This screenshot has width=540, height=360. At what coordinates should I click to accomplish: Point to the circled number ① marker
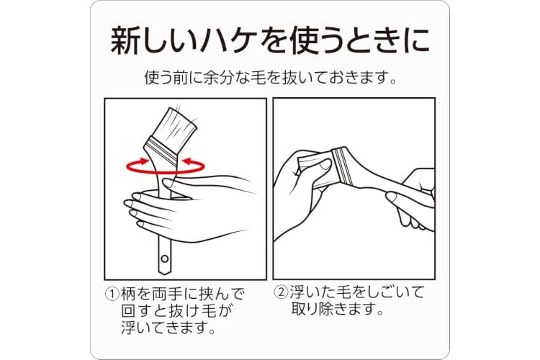click(x=112, y=294)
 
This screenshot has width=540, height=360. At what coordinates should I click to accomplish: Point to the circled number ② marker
click(x=281, y=292)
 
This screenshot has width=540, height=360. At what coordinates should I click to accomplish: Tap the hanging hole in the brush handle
click(x=165, y=258)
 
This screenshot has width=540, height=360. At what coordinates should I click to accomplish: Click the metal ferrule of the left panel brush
click(x=163, y=151)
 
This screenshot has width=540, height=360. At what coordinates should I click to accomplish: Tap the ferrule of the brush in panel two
click(x=343, y=166)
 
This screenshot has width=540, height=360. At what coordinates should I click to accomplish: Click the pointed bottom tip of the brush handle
click(x=165, y=274)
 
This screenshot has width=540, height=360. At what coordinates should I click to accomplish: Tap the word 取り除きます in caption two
click(x=337, y=309)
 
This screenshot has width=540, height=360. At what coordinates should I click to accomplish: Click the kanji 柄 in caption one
click(x=128, y=294)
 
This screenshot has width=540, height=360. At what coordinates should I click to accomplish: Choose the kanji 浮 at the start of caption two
click(x=297, y=292)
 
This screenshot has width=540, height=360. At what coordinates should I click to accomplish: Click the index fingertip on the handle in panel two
click(x=392, y=197)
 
